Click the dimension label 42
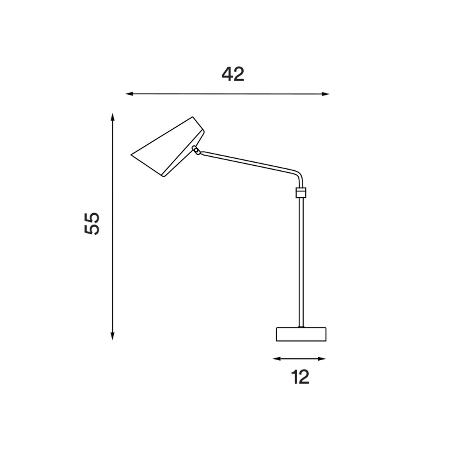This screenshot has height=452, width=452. pyautogui.click(x=233, y=74)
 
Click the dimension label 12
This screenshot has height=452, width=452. pyautogui.click(x=300, y=377)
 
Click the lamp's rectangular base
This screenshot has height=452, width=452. pyautogui.click(x=301, y=335)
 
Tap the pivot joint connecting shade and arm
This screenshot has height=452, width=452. pyautogui.click(x=196, y=150)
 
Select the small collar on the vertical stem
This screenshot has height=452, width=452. pyautogui.click(x=301, y=192)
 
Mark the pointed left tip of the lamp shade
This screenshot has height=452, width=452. pyautogui.click(x=132, y=155)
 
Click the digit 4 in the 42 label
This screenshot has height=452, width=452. pyautogui.click(x=227, y=74)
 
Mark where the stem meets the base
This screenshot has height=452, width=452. pyautogui.click(x=301, y=327)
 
